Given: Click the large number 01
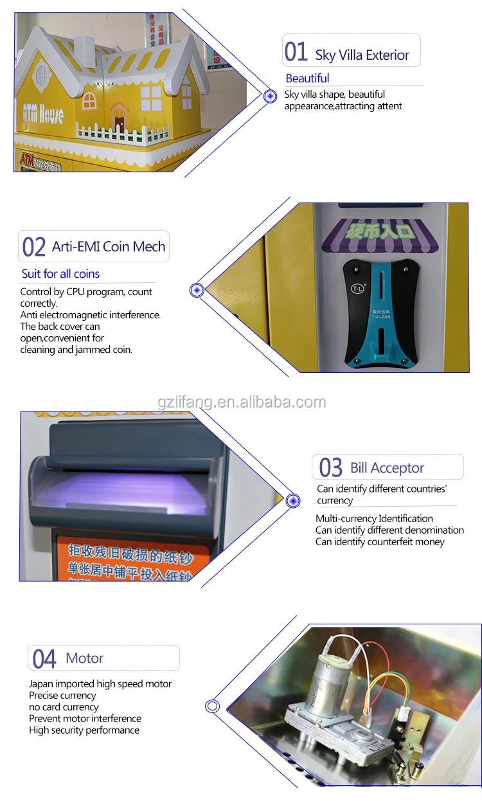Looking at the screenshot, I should tap(296, 51).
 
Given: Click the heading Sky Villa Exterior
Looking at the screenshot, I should tap(362, 55).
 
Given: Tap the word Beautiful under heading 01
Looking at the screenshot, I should tap(307, 78).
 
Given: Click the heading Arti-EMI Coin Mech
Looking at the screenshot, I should tap(109, 247).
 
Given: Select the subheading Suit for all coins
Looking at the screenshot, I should tap(60, 274).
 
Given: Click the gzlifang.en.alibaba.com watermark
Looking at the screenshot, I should tap(242, 402).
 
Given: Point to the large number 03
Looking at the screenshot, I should tap(331, 468).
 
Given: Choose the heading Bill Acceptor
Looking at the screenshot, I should tap(387, 468).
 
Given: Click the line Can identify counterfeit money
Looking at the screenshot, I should tap(380, 542).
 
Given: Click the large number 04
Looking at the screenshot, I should tap(44, 659).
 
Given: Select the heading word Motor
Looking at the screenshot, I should tap(84, 658).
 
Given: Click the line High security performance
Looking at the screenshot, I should tap(84, 730).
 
